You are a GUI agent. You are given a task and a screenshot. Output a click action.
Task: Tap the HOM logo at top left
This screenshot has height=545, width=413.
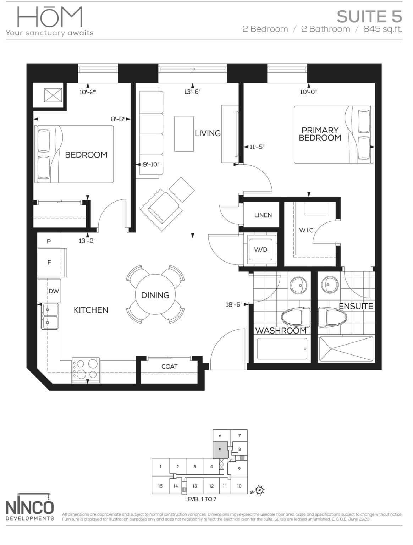pyautogui.click(x=50, y=21)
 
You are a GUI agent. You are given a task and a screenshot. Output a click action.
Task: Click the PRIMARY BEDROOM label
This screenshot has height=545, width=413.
pyautogui.click(x=320, y=134)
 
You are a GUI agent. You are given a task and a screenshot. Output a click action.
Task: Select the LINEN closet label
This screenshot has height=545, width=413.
pyautogui.click(x=263, y=215)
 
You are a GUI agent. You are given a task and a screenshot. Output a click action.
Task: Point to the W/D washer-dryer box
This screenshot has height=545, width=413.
pyautogui.click(x=260, y=249)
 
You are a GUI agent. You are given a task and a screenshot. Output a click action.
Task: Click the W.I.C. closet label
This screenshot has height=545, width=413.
pyautogui.click(x=307, y=230)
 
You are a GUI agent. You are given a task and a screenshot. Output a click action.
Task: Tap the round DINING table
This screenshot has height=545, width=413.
pyautogui.click(x=155, y=295)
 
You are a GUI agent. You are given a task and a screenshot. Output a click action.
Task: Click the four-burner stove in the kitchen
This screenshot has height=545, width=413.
pyautogui.click(x=86, y=369)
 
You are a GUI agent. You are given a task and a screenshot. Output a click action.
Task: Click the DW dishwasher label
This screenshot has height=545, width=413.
pyautogui.click(x=54, y=291)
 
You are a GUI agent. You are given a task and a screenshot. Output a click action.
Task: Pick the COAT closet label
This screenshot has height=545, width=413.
pyautogui.click(x=169, y=367)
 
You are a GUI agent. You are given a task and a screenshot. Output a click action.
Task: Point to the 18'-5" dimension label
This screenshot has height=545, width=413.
pyautogui.click(x=234, y=304)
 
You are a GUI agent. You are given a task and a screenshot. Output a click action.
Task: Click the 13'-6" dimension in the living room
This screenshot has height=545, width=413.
pyautogui.click(x=192, y=92)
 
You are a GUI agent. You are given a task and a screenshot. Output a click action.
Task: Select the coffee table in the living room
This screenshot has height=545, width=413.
pyautogui.click(x=184, y=133)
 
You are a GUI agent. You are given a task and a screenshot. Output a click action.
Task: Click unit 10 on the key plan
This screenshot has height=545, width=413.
pyautogui.click(x=239, y=486)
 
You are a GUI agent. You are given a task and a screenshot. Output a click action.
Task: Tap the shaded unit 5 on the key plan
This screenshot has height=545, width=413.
pyautogui.click(x=220, y=450)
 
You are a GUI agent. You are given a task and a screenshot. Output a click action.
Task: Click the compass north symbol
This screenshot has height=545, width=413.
pyautogui.click(x=261, y=490)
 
